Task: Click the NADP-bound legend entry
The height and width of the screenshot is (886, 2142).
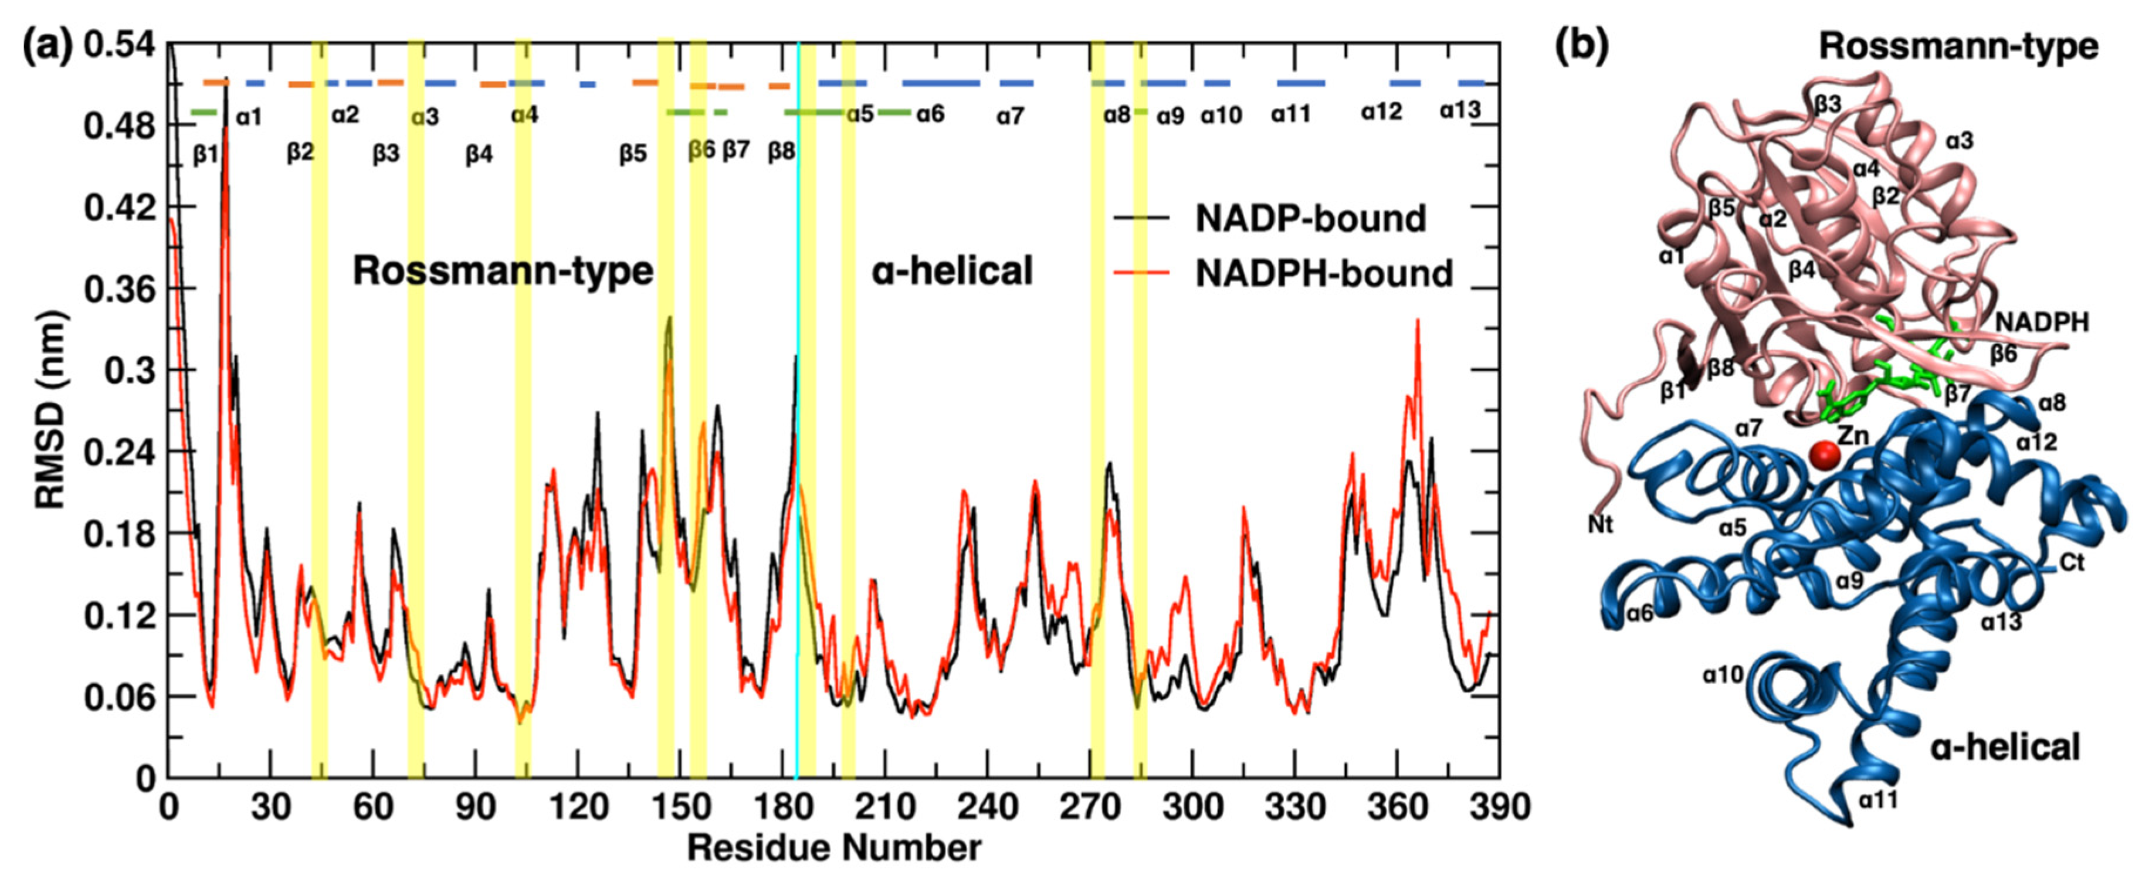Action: (x=1310, y=219)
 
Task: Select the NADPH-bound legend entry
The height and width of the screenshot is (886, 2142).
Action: (x=1323, y=273)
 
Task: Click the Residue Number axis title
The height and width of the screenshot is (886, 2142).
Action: (x=833, y=848)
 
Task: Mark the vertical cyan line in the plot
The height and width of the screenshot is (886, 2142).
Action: (x=798, y=498)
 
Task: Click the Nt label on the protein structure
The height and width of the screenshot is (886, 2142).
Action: (x=1600, y=524)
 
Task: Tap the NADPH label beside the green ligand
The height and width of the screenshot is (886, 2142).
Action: (x=2042, y=322)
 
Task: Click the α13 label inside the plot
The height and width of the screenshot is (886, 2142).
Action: (x=1460, y=111)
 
